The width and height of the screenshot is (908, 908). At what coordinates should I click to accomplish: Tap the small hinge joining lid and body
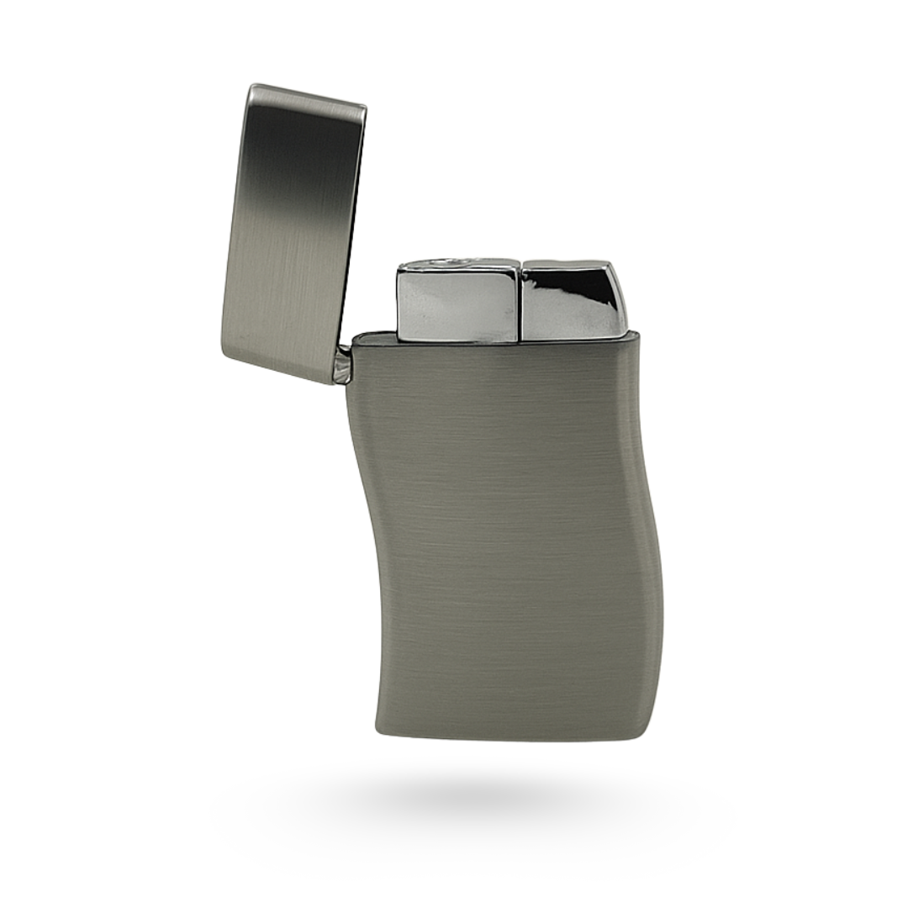click(341, 366)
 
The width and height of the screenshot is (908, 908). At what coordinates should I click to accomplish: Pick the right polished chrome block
click(573, 303)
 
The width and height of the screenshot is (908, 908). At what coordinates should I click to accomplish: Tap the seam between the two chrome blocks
click(520, 303)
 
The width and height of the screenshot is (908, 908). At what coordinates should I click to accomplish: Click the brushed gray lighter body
click(504, 538)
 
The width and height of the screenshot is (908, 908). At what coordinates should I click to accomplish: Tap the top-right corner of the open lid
click(364, 107)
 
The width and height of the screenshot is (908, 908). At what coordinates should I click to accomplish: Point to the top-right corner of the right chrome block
click(612, 264)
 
